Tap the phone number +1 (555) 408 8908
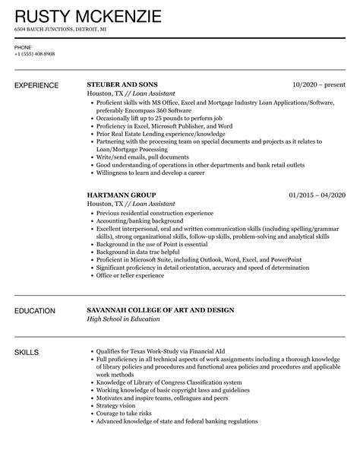pyautogui.click(x=34, y=55)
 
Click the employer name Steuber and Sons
pyautogui.click(x=125, y=84)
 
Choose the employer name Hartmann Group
pyautogui.click(x=121, y=195)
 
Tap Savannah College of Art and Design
pyautogui.click(x=159, y=310)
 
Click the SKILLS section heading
pyautogui.click(x=27, y=352)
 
